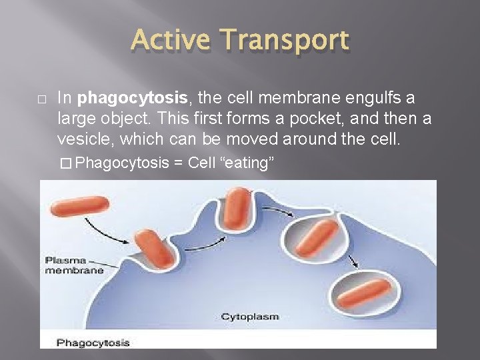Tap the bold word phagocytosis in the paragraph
pyautogui.click(x=132, y=99)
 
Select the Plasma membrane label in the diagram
pyautogui.click(x=74, y=265)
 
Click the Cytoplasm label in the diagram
pyautogui.click(x=249, y=316)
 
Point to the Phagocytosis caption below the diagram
pyautogui.click(x=93, y=343)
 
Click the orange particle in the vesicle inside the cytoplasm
pyautogui.click(x=363, y=293)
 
